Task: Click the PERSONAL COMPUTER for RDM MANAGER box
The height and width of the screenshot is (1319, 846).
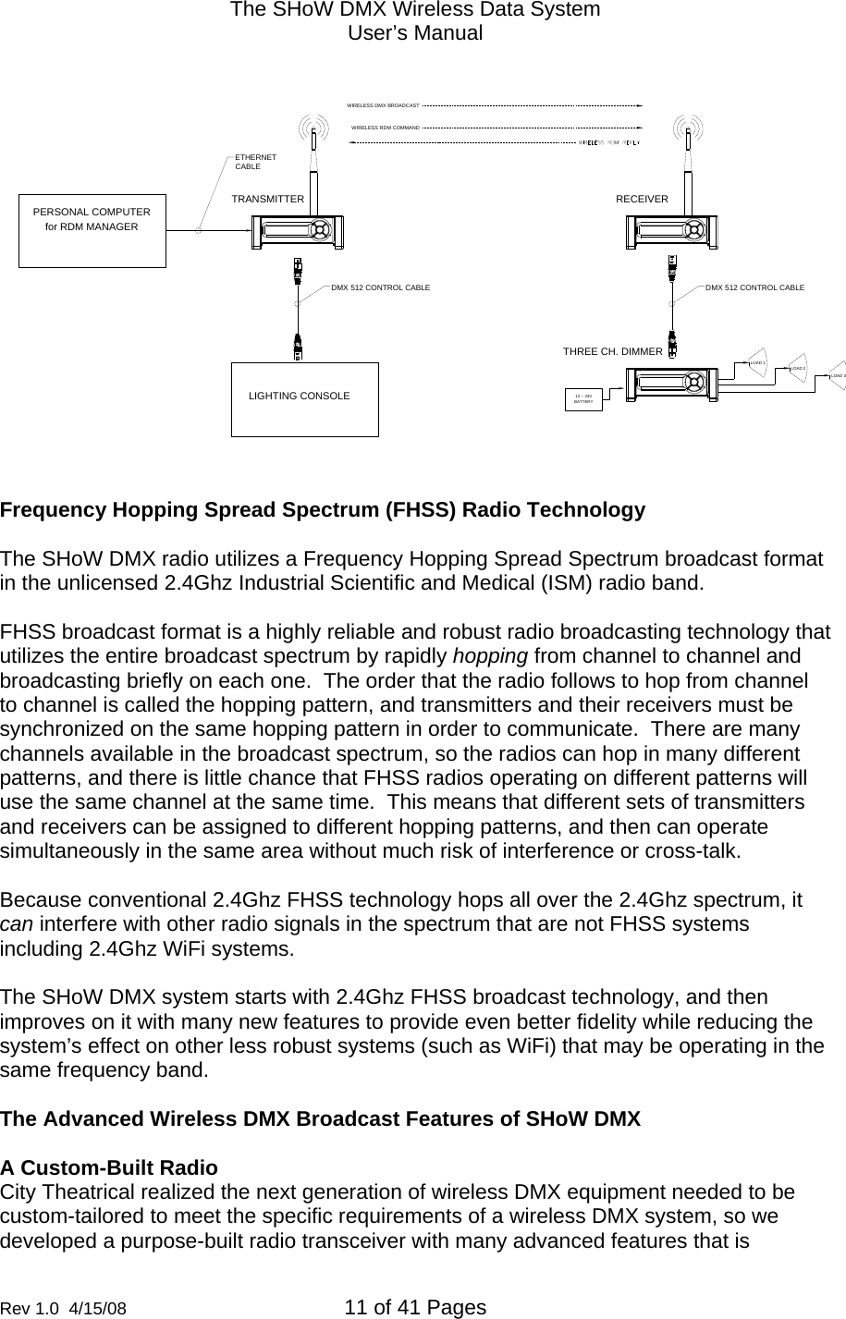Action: (92, 230)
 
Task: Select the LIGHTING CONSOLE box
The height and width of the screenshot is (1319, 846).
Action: (304, 398)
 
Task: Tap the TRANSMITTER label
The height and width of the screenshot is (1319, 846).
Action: (267, 199)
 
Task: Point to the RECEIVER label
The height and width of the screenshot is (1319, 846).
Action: (642, 199)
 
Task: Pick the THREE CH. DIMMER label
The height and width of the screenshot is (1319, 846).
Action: (612, 351)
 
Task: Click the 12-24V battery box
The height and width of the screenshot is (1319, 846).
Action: (583, 399)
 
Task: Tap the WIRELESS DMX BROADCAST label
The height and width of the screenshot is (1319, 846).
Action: (383, 105)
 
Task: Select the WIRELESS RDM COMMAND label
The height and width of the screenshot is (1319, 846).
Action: (386, 127)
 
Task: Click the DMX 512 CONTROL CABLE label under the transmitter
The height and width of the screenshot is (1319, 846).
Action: (380, 288)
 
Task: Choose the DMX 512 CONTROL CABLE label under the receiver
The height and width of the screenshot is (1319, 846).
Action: (754, 288)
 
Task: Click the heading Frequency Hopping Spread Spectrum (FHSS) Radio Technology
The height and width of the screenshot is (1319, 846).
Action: (323, 510)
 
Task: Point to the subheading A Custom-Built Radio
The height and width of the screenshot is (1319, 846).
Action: (109, 1167)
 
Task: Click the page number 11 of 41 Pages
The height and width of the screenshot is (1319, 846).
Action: (414, 1307)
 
